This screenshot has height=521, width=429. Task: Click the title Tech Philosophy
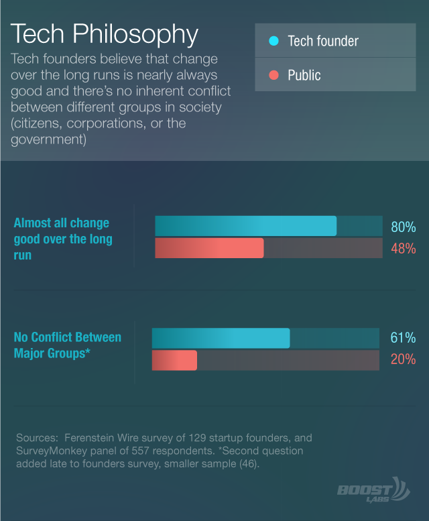tap(105, 35)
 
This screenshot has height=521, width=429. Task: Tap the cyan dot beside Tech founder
tap(273, 41)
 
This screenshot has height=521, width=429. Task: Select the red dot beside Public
tap(273, 75)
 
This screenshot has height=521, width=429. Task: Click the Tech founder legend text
tap(323, 41)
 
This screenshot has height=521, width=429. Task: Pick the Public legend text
tap(304, 75)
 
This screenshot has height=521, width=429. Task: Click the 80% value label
tap(404, 227)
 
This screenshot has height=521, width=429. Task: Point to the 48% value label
tap(404, 249)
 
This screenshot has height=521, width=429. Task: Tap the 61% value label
tap(403, 338)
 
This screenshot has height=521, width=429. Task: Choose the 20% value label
tap(403, 359)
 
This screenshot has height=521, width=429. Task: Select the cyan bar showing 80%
tap(246, 226)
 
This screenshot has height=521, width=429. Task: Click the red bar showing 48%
tap(209, 248)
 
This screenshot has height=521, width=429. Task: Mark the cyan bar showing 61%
tap(221, 338)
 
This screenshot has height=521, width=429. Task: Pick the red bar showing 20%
tap(174, 360)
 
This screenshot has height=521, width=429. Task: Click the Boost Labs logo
tap(373, 490)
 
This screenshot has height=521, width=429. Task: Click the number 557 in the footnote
tap(141, 451)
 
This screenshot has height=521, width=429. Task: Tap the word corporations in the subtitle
tap(107, 123)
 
